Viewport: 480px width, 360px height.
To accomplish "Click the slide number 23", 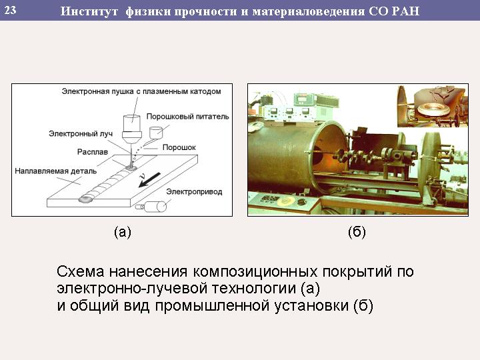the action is (10, 10).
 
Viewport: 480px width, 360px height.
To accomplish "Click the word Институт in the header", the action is (89, 11).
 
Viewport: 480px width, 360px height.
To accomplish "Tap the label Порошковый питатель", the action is (187, 116).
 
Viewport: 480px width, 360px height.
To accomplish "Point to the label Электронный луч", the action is (81, 134).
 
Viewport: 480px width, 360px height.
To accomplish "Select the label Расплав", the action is (93, 152).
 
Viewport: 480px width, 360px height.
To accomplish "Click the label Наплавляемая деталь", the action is (56, 171).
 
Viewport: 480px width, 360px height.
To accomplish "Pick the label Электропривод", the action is (194, 192).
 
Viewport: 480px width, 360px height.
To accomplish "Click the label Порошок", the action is (179, 147).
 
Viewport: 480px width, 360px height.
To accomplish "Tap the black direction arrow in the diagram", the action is (149, 180).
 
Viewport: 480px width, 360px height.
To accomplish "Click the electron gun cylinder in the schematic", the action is (132, 129).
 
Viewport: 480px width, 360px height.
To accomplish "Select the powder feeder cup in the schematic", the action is (156, 133).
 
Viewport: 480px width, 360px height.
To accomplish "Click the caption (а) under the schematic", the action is (123, 232).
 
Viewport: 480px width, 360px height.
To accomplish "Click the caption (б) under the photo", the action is (357, 232).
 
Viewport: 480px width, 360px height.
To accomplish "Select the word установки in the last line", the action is (311, 305).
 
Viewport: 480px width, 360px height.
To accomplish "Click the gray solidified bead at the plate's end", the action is (86, 199).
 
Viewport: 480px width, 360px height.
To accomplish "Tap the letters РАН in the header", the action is (405, 11).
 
